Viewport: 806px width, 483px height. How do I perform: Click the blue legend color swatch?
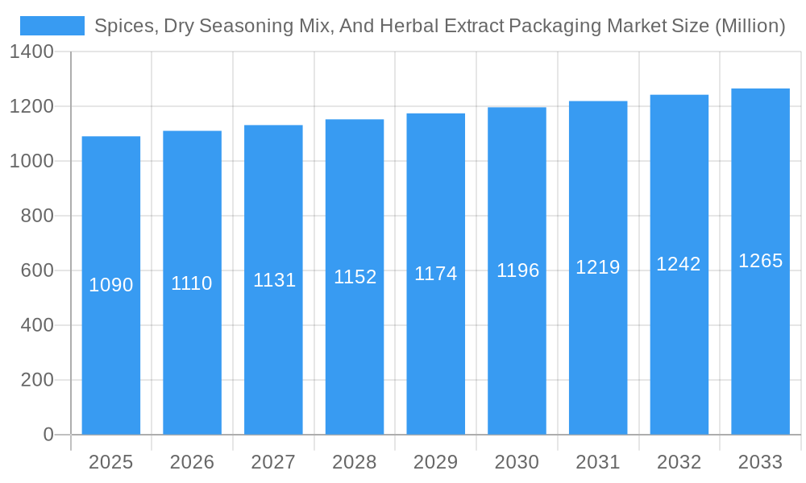[x=52, y=26]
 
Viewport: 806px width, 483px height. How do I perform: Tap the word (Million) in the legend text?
[x=750, y=26]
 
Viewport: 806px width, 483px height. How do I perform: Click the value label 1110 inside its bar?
[x=192, y=283]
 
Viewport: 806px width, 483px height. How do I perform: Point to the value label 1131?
[x=274, y=280]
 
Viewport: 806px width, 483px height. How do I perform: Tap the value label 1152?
[x=355, y=277]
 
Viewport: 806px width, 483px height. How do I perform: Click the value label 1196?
[x=517, y=270]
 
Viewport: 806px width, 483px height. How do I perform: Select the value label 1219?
[x=597, y=267]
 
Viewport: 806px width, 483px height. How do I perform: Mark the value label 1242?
[x=679, y=264]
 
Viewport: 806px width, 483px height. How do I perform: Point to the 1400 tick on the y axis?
[x=31, y=52]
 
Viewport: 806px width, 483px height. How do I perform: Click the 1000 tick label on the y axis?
[x=31, y=161]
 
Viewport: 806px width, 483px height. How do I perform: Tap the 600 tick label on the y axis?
[x=37, y=270]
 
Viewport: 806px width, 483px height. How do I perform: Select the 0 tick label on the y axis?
[x=48, y=435]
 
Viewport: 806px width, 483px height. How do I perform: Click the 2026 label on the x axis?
[x=192, y=462]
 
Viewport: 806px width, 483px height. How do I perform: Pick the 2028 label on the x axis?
[x=355, y=462]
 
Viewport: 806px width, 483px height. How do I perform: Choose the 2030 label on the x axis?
[x=517, y=462]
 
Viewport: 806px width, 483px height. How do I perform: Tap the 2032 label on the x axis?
[x=679, y=462]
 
